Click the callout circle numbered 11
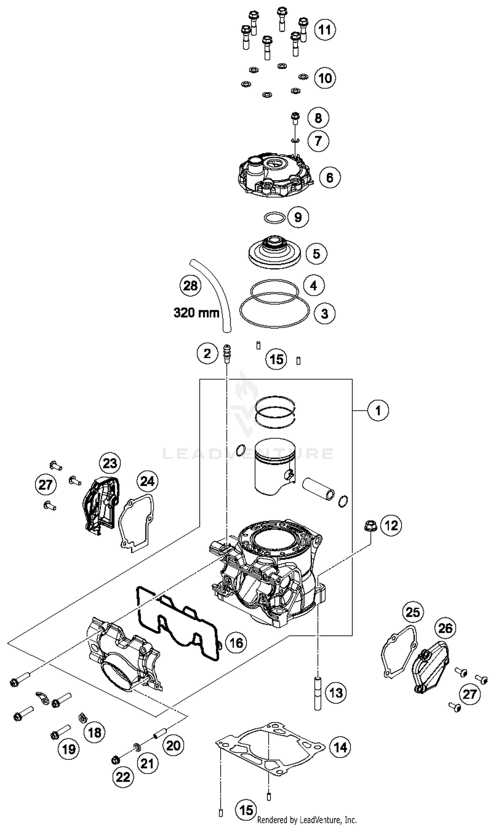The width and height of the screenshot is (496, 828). coord(325,30)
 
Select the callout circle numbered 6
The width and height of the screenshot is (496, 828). coord(330,177)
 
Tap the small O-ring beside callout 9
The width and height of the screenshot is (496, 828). coord(274,218)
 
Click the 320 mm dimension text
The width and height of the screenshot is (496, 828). coord(196,313)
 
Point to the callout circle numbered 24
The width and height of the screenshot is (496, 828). coord(147,481)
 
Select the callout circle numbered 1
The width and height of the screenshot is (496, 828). coord(378,410)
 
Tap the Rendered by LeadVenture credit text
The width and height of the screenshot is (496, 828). coord(307,820)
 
